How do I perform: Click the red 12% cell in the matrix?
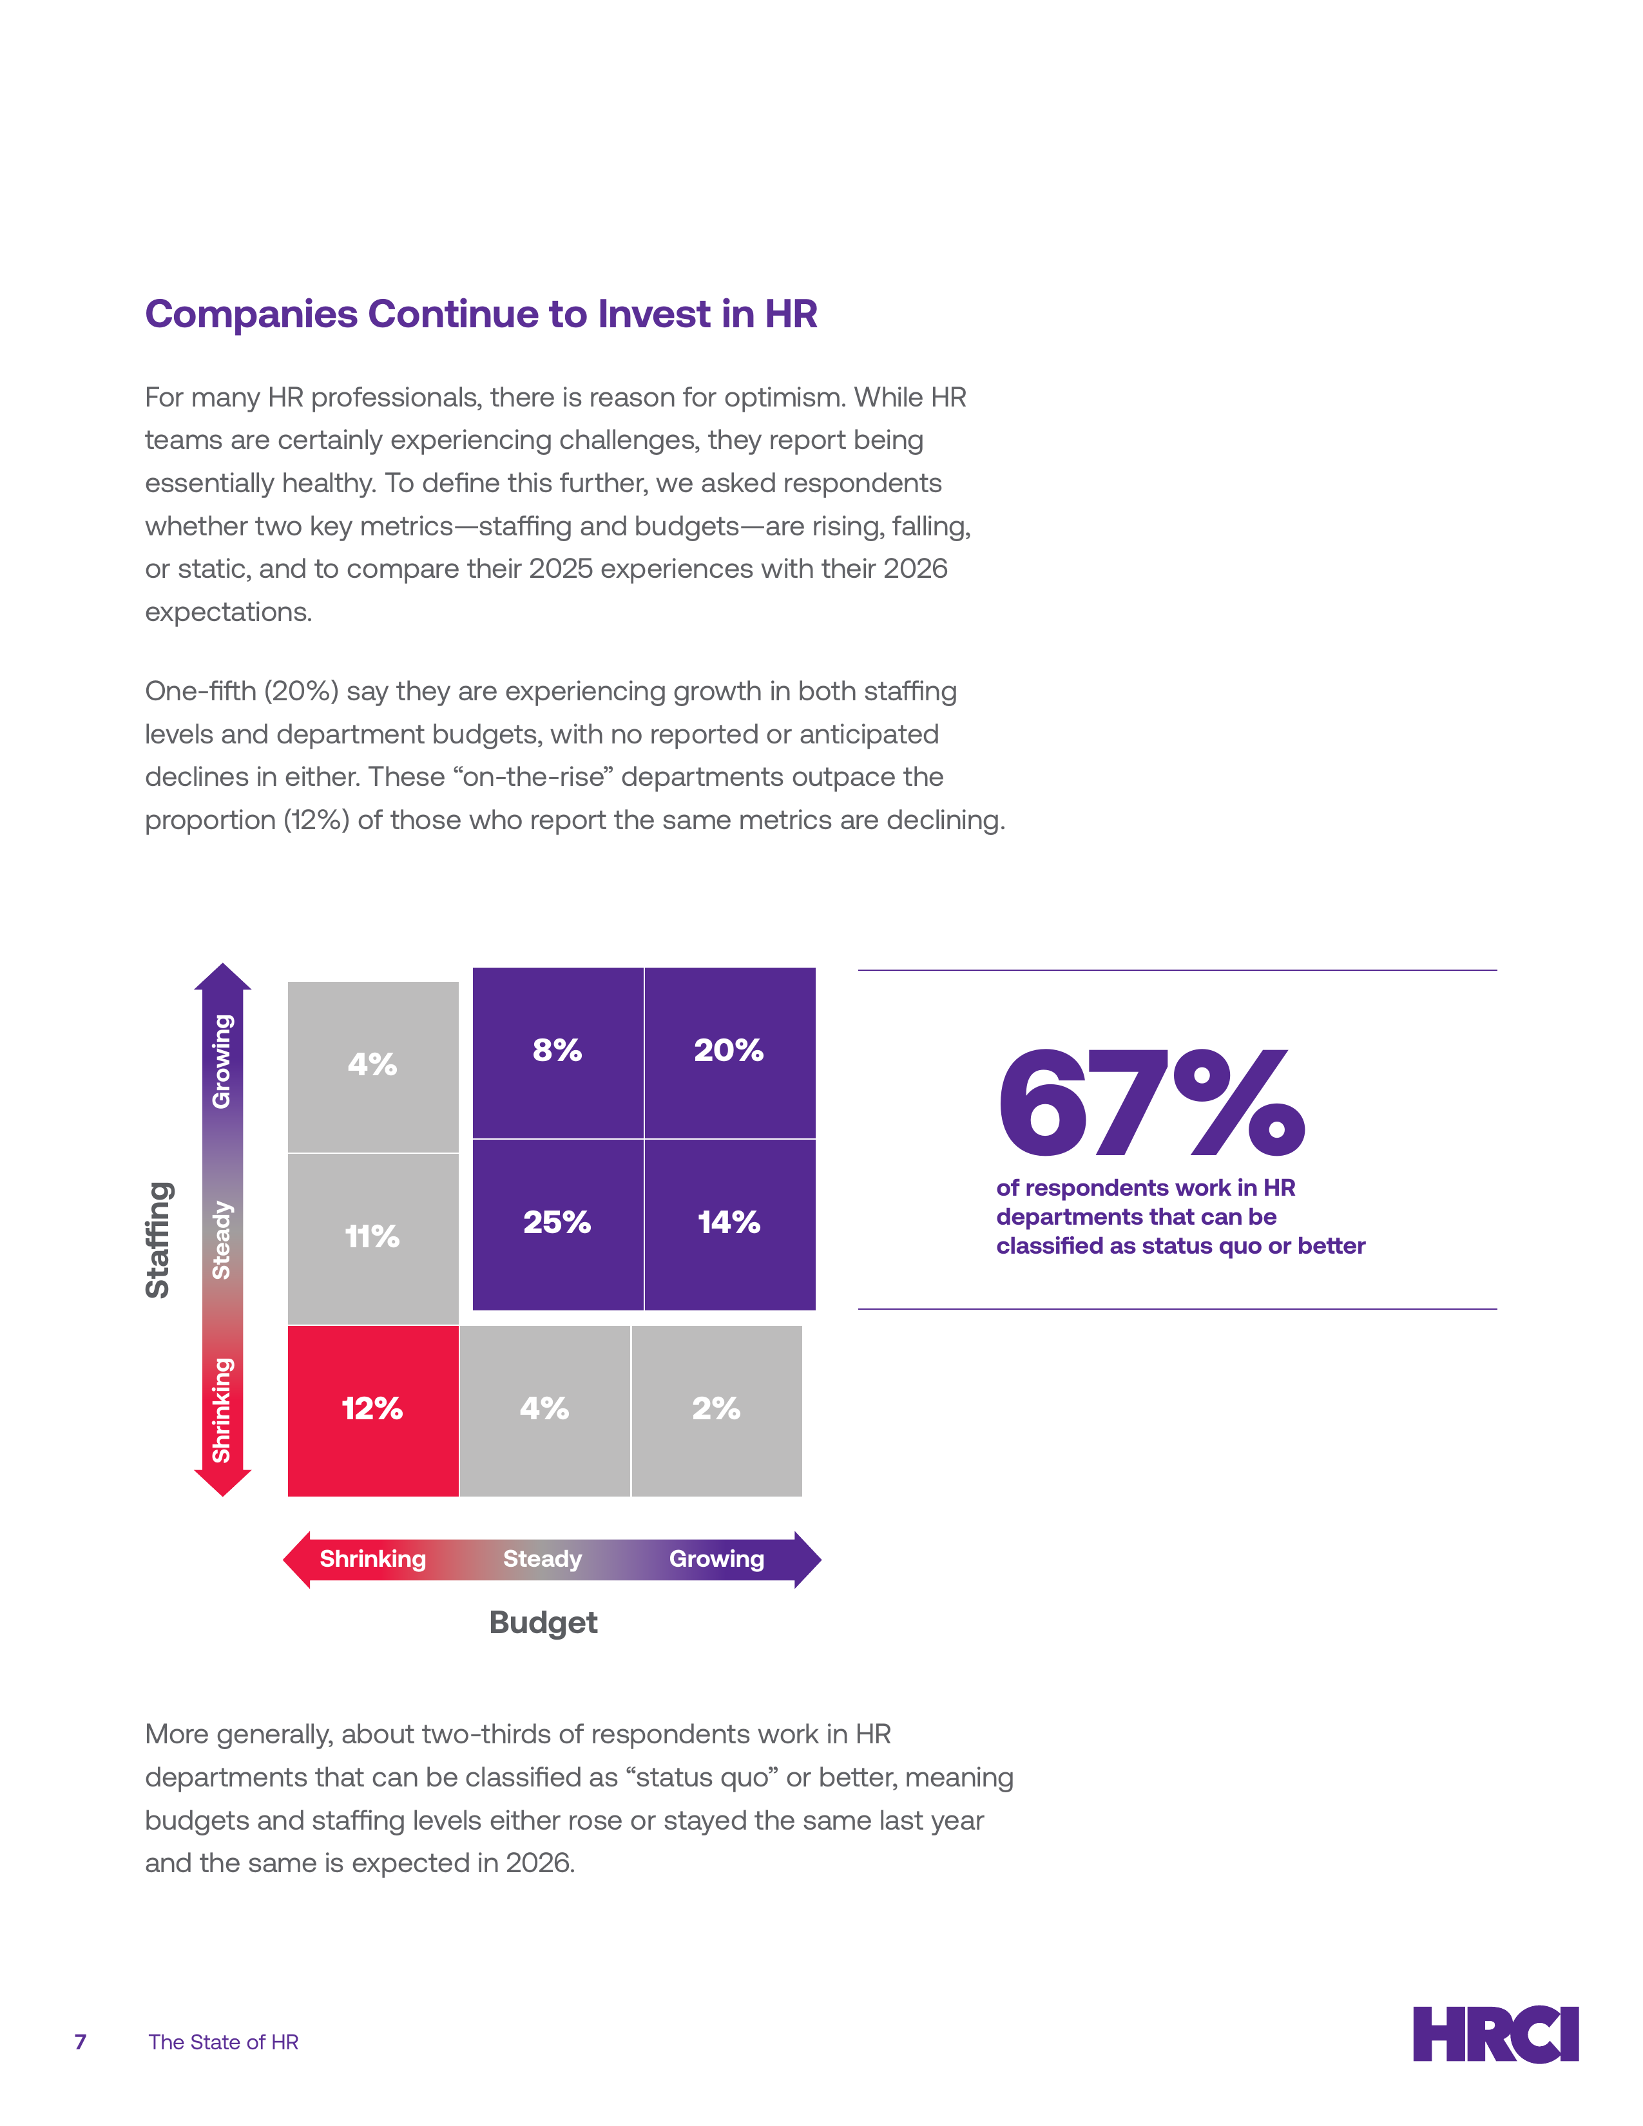373,1410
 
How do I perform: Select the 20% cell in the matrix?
730,1052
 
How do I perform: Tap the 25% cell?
558,1225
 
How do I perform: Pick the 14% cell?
730,1225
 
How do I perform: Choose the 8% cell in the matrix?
558,1052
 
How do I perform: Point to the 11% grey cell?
373,1238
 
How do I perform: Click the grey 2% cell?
717,1410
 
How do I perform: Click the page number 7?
81,2042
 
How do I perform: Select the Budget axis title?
543,1623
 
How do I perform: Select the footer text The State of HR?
224,2042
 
